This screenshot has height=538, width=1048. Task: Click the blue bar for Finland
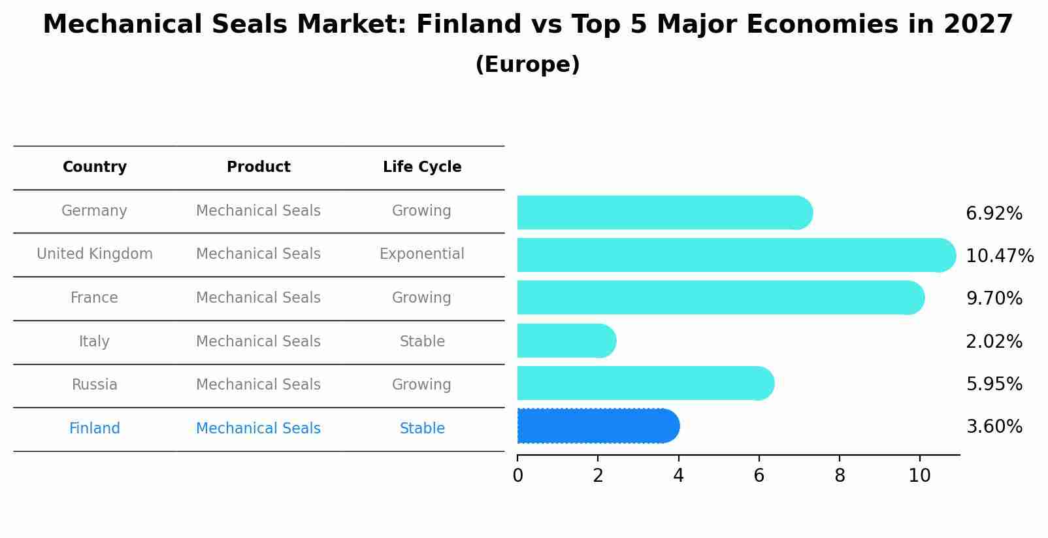click(598, 426)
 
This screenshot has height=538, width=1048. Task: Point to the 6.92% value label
click(994, 214)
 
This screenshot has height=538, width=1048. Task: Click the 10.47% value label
click(999, 256)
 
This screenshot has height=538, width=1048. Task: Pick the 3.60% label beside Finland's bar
click(994, 427)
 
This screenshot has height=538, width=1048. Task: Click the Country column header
click(95, 167)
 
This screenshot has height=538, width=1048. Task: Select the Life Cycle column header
click(422, 167)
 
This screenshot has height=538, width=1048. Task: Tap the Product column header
click(258, 167)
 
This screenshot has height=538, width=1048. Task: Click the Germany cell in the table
click(94, 211)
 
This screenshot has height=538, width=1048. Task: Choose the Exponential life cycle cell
click(422, 254)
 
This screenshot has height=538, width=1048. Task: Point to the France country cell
click(94, 298)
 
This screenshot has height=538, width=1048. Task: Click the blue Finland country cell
click(94, 429)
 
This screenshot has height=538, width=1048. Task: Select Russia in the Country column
click(94, 385)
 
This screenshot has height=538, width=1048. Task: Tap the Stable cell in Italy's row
click(422, 342)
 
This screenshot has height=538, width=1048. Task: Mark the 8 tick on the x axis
click(840, 476)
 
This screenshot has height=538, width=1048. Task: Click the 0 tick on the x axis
click(517, 476)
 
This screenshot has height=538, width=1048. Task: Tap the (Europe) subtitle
click(527, 65)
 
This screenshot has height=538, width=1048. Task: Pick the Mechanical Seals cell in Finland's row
click(258, 429)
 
